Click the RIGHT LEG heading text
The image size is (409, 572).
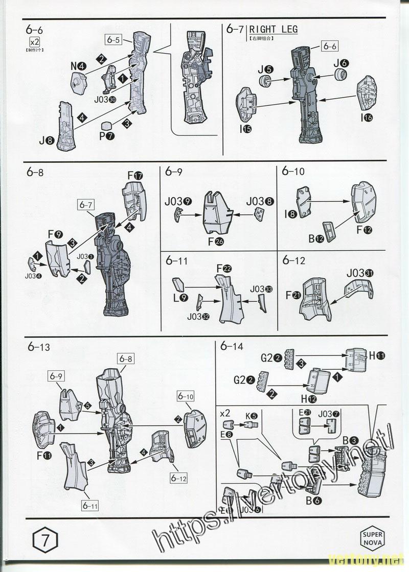(273, 30)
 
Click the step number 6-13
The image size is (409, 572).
(39, 348)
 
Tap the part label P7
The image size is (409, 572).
(107, 136)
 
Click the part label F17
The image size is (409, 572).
(134, 176)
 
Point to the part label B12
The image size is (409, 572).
(315, 237)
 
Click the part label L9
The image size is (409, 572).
(181, 298)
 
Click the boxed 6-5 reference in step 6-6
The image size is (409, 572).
(113, 39)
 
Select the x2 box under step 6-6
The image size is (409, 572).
(35, 41)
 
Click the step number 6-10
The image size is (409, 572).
(293, 172)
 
